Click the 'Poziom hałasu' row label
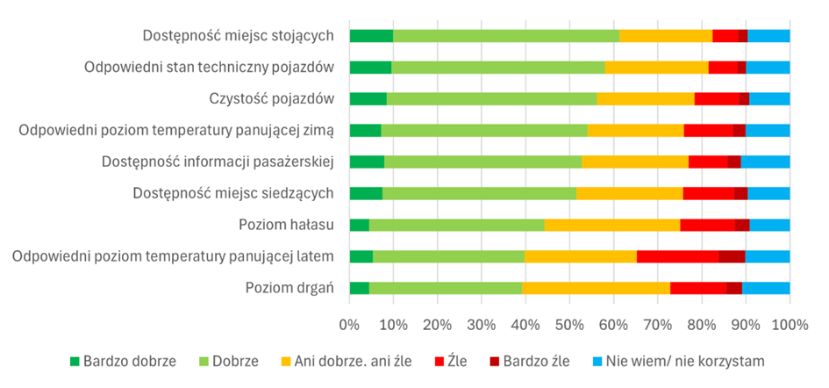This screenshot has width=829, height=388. tap(286, 225)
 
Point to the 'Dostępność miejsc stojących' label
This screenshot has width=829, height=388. tap(239, 35)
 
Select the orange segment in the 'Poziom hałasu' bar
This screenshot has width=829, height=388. tap(611, 225)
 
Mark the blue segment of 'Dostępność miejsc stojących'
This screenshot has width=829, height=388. tap(768, 35)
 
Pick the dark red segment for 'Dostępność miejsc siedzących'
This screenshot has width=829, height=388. tap(740, 193)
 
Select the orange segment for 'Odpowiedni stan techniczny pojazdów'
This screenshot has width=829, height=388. tap(656, 67)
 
